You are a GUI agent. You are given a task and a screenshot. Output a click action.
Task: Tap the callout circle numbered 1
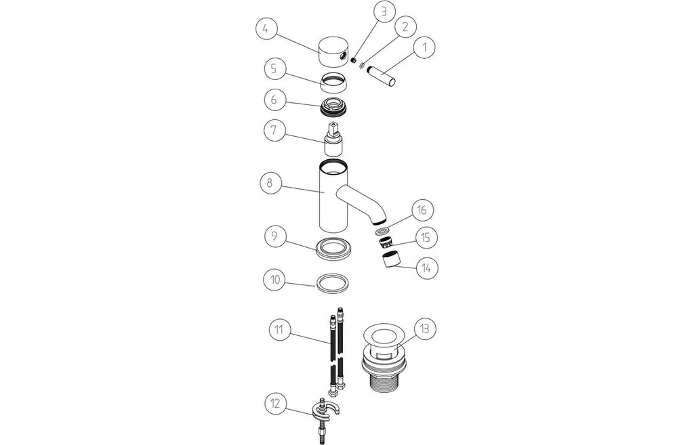(424, 47)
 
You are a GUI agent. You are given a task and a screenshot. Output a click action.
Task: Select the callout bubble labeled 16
(422, 211)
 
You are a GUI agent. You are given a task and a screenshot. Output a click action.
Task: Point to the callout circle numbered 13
(424, 329)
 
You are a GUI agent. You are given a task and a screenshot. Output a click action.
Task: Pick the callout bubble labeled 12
(276, 404)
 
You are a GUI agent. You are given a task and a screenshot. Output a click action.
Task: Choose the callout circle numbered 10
(275, 280)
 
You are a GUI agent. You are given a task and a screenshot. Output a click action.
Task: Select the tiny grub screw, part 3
(354, 60)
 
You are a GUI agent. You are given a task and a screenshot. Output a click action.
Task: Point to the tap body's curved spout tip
(380, 219)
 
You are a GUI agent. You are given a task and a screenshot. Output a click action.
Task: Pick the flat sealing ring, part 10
(332, 282)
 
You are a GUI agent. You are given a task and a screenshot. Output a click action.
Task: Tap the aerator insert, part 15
(386, 242)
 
